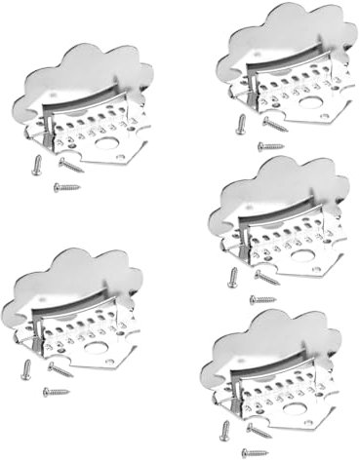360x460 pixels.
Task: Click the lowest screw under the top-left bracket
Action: coord(67,186)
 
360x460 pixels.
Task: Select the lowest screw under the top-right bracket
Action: coord(270,146)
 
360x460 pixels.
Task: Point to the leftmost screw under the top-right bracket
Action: coord(240,125)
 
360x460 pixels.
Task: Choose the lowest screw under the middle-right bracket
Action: coord(263,299)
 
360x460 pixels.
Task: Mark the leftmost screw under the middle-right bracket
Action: coord(233,278)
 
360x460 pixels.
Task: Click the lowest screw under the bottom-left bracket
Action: coord(56,391)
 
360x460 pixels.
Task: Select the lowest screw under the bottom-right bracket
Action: coord(256,451)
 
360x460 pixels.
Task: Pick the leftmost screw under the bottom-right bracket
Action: coord(225,430)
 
